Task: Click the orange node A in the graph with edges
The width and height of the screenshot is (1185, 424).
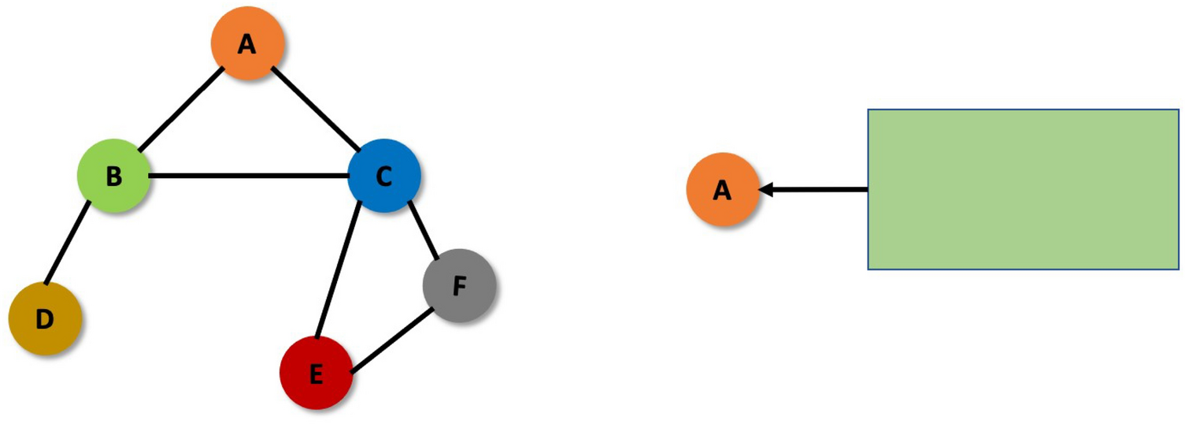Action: pyautogui.click(x=247, y=43)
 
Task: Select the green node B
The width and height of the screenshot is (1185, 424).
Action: pyautogui.click(x=113, y=175)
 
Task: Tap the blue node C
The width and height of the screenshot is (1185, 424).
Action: pyautogui.click(x=383, y=176)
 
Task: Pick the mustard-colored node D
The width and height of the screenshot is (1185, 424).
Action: pyautogui.click(x=45, y=318)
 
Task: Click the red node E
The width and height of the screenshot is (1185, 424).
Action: pyautogui.click(x=316, y=373)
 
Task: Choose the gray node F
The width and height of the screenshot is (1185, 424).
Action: pyautogui.click(x=459, y=285)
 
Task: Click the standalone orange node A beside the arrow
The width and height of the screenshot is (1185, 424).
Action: pyautogui.click(x=722, y=189)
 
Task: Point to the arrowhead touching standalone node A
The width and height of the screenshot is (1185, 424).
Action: pyautogui.click(x=766, y=189)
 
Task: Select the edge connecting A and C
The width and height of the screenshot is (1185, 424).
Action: pyautogui.click(x=315, y=109)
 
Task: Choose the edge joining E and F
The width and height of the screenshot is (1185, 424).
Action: pyautogui.click(x=391, y=340)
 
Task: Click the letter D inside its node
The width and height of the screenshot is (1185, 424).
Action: pyautogui.click(x=45, y=319)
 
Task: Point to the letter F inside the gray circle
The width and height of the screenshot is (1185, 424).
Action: pyautogui.click(x=460, y=286)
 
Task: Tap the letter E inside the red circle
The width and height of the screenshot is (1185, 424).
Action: pyautogui.click(x=316, y=374)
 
